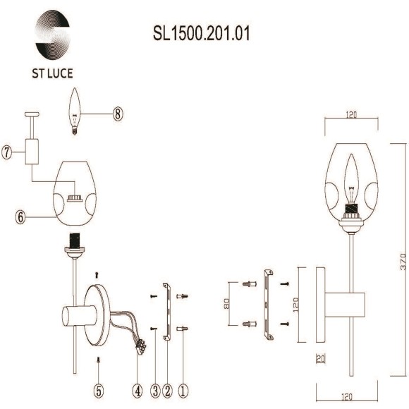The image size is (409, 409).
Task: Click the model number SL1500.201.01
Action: (x=202, y=33)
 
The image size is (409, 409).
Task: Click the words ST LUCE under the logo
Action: (x=52, y=73)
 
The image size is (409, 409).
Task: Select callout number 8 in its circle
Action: (x=118, y=114)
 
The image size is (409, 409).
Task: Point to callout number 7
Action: (x=8, y=152)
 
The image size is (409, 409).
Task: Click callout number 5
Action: (x=99, y=387)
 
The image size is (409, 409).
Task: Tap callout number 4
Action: (x=137, y=387)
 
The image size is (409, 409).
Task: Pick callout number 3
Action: (x=154, y=387)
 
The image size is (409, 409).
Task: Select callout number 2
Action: (x=168, y=387)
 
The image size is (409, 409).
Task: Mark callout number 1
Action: (x=183, y=387)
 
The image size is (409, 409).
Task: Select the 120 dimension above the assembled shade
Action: (x=350, y=114)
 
